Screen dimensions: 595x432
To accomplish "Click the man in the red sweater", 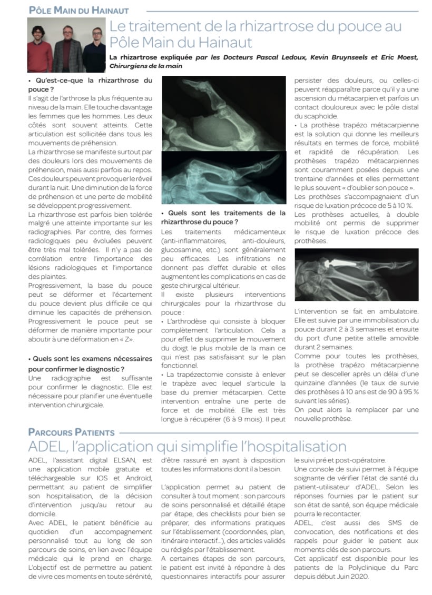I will (x=38, y=50).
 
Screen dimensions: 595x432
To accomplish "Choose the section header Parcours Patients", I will (x=71, y=432).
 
